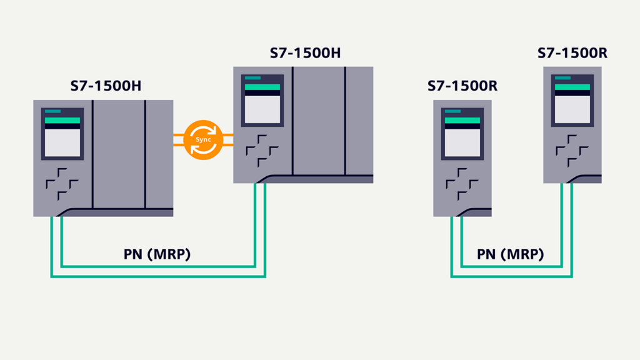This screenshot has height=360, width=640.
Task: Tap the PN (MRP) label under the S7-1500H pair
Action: click(x=157, y=254)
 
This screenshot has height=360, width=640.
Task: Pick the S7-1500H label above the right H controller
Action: click(x=305, y=52)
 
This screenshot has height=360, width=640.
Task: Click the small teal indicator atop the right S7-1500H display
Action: click(x=253, y=78)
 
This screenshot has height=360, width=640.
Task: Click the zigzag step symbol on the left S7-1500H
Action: click(x=61, y=183)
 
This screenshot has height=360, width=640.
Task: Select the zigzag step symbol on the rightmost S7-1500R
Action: click(x=572, y=151)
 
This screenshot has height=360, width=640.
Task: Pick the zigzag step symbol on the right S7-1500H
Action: click(x=262, y=151)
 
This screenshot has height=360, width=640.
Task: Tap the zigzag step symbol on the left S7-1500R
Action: click(x=462, y=183)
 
